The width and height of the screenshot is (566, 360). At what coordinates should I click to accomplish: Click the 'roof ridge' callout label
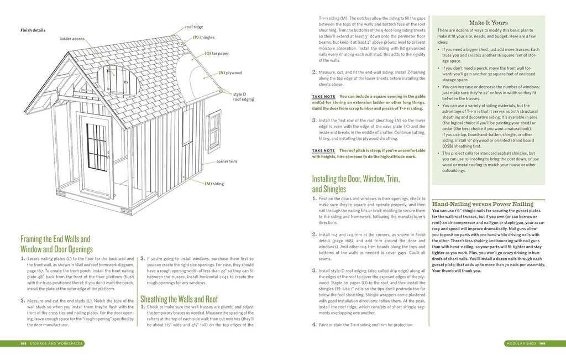click(x=193, y=27)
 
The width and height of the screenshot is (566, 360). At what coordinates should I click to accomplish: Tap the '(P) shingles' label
click(x=203, y=37)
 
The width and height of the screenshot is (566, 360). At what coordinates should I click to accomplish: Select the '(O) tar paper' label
click(x=216, y=54)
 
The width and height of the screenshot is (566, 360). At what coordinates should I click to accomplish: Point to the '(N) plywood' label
click(x=230, y=72)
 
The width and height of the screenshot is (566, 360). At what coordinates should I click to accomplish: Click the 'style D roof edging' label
click(x=243, y=97)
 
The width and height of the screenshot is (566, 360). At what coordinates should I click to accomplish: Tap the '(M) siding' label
click(x=215, y=184)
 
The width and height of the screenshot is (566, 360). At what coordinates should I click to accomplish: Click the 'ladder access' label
click(x=72, y=39)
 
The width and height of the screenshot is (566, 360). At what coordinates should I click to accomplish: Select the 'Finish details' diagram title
click(x=33, y=30)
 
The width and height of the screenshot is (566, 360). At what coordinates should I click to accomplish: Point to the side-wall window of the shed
click(x=213, y=129)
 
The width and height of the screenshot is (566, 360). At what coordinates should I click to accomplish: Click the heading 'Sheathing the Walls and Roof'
click(x=179, y=299)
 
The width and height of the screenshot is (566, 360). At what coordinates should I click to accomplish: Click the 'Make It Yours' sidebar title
click(x=489, y=23)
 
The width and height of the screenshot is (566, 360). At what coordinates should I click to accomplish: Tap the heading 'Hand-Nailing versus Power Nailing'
click(x=483, y=204)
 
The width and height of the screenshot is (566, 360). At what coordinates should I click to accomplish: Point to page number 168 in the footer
click(x=24, y=343)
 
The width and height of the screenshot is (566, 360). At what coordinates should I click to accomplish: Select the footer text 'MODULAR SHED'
click(x=522, y=343)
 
